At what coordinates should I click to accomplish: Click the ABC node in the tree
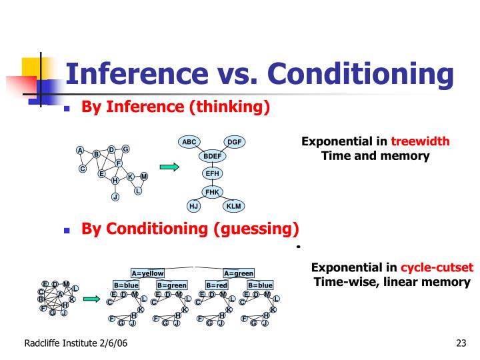pos(189,142)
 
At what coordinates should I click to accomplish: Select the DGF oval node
pos(235,142)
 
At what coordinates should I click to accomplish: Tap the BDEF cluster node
pos(212,157)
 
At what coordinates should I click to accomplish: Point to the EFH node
pos(212,174)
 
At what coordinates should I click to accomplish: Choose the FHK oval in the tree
pos(212,192)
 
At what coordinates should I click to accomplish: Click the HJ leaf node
pos(194,206)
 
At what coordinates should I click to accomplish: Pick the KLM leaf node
pos(233,206)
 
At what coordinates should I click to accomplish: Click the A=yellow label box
pos(147,273)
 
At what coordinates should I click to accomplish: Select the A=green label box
pos(239,273)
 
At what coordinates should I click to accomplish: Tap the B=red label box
pos(217,285)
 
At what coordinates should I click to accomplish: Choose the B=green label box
pos(171,285)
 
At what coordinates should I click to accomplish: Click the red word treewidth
pos(420,141)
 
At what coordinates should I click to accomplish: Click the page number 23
pos(460,344)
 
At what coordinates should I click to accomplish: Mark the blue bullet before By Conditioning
pos(67,230)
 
